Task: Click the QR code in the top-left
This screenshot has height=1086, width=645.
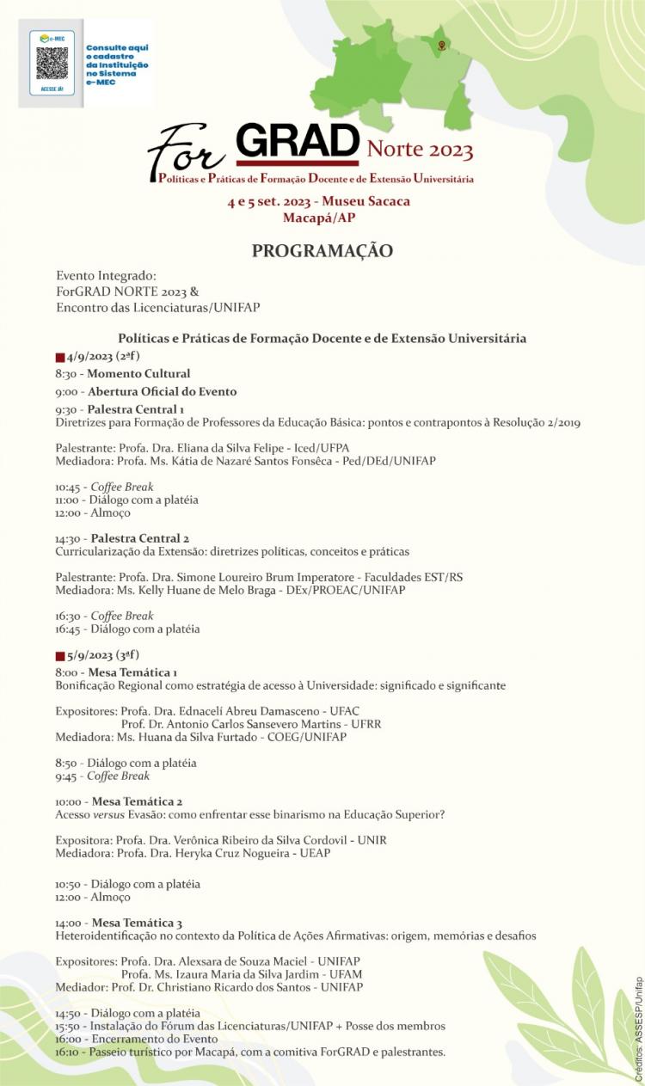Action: (x=52, y=63)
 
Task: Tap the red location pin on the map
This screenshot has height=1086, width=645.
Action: (x=441, y=45)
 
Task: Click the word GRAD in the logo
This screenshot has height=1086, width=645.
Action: (x=297, y=140)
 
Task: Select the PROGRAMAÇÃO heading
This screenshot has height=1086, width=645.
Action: (x=322, y=251)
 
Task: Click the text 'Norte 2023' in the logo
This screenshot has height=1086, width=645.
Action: (x=420, y=150)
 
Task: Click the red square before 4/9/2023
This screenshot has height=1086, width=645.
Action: (x=60, y=357)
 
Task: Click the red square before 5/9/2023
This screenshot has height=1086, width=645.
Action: (x=60, y=655)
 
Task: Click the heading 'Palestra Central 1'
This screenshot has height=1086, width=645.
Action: (x=136, y=409)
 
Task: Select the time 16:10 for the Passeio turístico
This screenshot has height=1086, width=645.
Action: (x=67, y=1052)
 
